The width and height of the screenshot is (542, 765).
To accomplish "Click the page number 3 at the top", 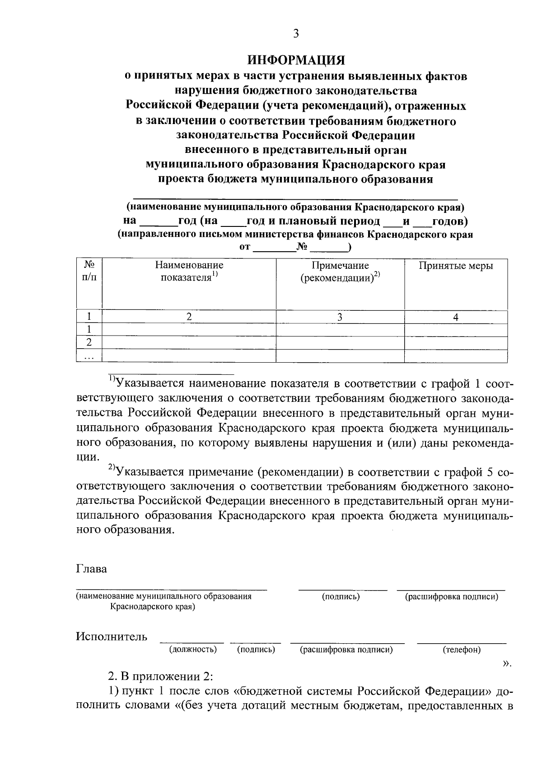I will point(296,34).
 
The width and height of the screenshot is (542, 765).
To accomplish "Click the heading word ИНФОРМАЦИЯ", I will point(296,60).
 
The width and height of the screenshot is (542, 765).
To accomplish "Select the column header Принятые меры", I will point(456,266).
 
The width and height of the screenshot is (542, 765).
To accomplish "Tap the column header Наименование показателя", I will point(189,271).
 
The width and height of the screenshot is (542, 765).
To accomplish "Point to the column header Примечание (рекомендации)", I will point(340,271).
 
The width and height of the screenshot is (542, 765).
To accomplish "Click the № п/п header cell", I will point(89,271).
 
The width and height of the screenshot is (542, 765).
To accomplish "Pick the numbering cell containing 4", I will point(456,318).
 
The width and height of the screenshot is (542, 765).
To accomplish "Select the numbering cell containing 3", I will point(340,318).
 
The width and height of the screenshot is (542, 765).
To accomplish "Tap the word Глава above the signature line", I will point(92,569).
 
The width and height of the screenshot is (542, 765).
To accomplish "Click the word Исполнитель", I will point(112,636).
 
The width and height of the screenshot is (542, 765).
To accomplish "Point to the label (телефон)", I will point(462,650).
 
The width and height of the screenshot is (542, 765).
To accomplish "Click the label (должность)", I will point(193,650).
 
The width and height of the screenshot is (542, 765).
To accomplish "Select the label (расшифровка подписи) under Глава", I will point(451,597).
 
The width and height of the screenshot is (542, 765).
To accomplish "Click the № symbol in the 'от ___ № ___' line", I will point(302,247).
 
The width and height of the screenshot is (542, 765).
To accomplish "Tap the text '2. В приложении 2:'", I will point(160,677).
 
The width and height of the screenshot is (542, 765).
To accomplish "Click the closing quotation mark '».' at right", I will point(507,663).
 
